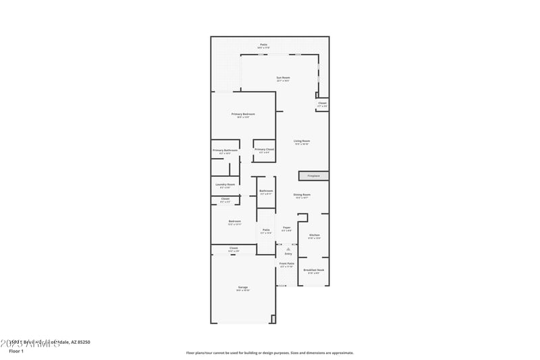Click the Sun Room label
283,78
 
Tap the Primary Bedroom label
243,114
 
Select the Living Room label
302,140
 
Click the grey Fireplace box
314,176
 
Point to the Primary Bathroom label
225,150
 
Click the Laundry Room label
225,184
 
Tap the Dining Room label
302,195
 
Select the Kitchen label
315,235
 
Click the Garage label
243,287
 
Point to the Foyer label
287,228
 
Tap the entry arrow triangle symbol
288,249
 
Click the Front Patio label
287,263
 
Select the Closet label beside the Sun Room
323,103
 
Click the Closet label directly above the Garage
234,248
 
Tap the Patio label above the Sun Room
263,45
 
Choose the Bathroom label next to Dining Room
267,190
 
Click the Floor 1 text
16,351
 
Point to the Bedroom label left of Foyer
235,222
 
